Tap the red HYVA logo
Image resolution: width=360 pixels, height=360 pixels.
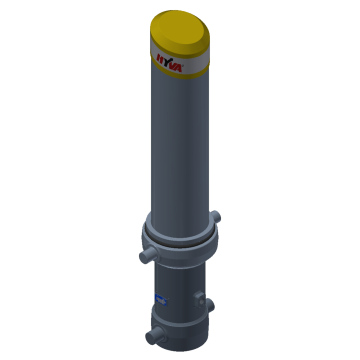[x=169, y=63]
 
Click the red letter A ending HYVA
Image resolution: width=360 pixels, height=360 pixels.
[x=179, y=68]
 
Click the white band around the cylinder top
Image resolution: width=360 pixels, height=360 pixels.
[x=180, y=61]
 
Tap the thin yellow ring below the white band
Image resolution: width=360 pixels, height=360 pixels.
[x=180, y=74]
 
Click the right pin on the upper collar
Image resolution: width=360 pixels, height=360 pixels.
[x=216, y=217]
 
